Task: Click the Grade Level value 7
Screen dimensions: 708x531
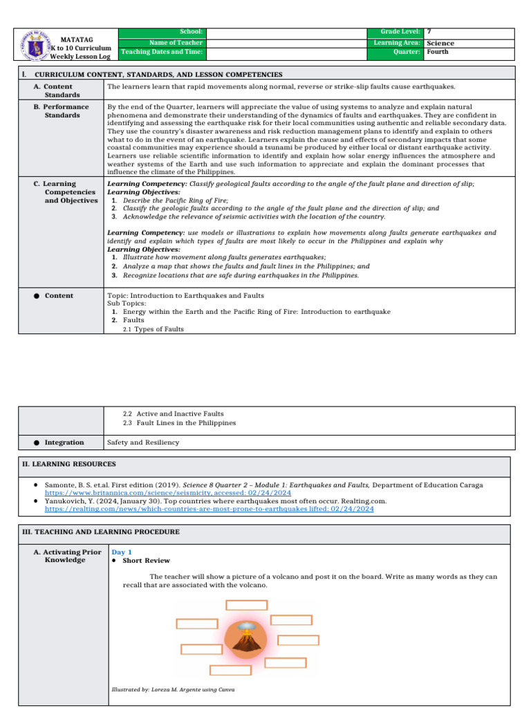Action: [429, 32]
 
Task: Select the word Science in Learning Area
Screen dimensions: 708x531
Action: [440, 43]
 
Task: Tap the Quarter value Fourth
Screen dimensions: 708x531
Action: [438, 52]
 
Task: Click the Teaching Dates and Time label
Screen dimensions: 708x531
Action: [162, 52]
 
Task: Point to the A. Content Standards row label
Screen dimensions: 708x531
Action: [58, 91]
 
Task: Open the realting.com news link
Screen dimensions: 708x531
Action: [209, 508]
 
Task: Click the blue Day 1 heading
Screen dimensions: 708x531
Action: [122, 552]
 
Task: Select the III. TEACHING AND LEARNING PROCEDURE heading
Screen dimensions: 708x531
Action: [101, 532]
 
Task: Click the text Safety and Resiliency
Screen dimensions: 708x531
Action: [142, 442]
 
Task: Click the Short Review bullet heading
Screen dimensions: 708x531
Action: [146, 560]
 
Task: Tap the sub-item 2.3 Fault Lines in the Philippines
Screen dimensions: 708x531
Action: [179, 422]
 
